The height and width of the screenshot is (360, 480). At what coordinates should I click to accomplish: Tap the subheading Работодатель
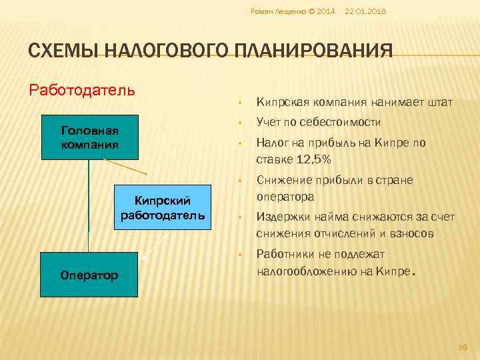point(83,89)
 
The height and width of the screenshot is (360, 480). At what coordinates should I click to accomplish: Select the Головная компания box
point(89,138)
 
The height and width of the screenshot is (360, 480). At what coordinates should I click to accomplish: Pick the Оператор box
point(89,275)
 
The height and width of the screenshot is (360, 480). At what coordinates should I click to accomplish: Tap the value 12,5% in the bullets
point(311,160)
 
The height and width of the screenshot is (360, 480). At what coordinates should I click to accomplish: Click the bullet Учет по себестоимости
point(318,123)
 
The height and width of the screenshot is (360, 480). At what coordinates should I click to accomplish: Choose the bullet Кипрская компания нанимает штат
point(354,103)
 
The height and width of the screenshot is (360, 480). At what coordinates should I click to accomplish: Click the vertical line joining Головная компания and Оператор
point(89,207)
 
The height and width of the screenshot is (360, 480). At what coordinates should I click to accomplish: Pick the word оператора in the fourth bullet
point(285,197)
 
